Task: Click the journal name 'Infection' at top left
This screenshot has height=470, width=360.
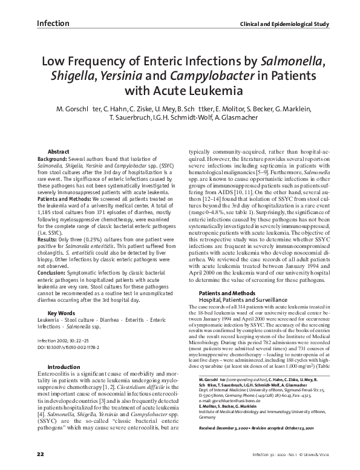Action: tap(53, 24)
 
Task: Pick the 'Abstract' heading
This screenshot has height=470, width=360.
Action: tap(60, 151)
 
